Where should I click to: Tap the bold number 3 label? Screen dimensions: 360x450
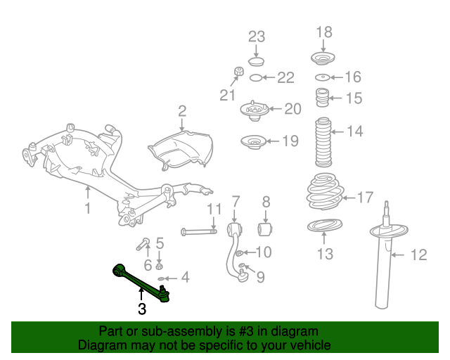141,307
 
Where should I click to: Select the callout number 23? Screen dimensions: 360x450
256,36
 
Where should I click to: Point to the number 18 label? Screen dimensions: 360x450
323,32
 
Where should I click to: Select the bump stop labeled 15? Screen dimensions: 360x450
323,98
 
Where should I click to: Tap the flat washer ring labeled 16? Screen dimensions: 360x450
323,77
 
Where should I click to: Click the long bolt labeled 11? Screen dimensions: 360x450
204,231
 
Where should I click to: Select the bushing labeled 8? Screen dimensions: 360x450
266,230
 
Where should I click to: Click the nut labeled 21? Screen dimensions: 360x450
238,71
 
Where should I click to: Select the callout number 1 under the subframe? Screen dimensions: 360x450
88,208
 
